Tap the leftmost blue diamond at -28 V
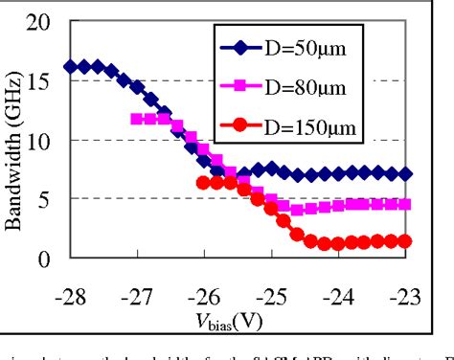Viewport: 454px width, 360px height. (70, 67)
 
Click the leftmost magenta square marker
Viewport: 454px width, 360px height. (137, 119)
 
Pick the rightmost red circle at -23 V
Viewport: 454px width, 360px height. (406, 241)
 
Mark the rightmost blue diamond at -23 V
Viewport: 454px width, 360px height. (406, 174)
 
